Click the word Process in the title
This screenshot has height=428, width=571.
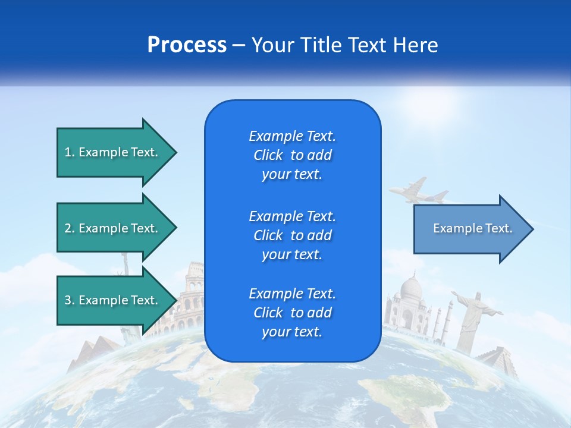tap(187, 45)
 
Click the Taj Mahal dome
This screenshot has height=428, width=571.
tap(410, 288)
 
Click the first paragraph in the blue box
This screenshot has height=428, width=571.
tap(292, 155)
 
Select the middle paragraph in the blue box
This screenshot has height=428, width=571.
tap(292, 235)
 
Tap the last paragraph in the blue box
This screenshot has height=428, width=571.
tap(292, 313)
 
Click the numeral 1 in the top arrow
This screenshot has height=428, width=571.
tap(68, 152)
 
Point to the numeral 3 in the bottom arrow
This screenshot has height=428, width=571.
tap(68, 300)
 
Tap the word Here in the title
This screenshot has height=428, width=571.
tap(418, 45)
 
